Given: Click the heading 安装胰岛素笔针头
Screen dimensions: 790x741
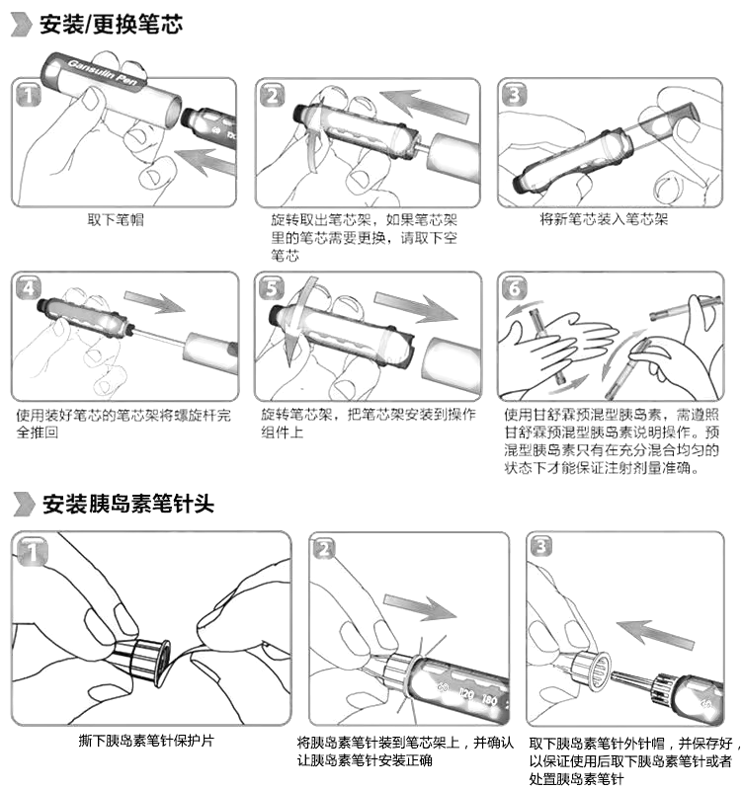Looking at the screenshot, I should tap(128, 505).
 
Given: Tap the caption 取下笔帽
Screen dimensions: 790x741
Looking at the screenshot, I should tap(115, 219).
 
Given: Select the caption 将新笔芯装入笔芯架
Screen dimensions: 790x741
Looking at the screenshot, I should tap(604, 219).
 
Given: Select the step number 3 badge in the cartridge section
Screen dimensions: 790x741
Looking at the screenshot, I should tap(514, 95).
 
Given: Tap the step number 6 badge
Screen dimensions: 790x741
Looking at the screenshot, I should tap(514, 288).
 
